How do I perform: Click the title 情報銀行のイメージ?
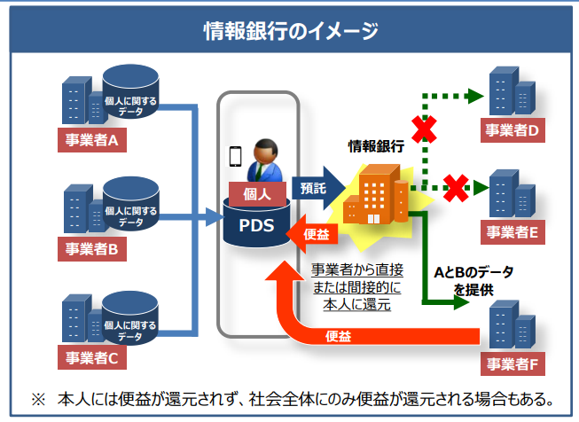(x=289, y=30)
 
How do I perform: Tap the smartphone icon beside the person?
(x=236, y=156)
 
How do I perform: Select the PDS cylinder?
(x=261, y=227)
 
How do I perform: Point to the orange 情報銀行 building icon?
(x=377, y=195)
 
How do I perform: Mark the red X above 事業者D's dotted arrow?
(x=423, y=130)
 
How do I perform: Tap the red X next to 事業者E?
(x=456, y=187)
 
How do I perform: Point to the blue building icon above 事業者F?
(x=514, y=327)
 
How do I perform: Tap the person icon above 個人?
(x=263, y=160)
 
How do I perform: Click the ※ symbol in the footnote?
(x=37, y=399)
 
